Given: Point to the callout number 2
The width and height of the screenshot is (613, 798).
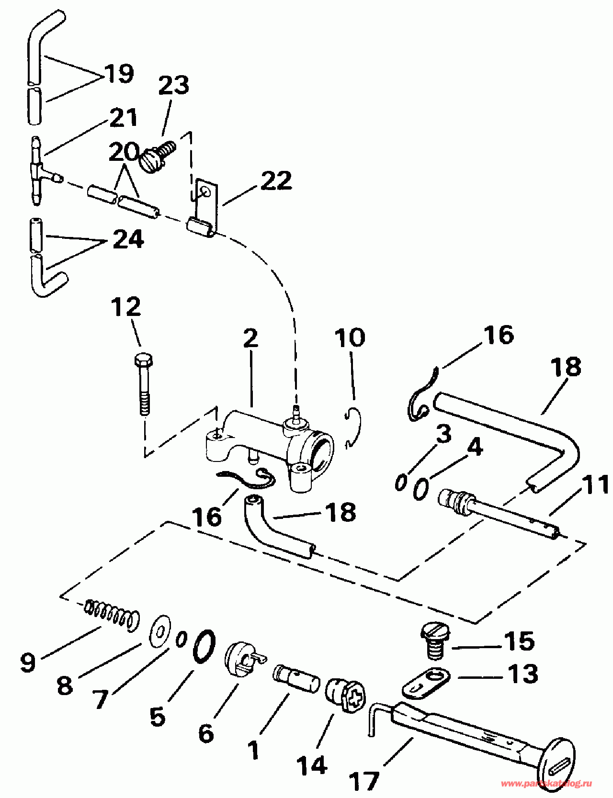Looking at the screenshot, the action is click(x=250, y=339).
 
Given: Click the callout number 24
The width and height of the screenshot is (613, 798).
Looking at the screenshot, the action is click(x=128, y=239).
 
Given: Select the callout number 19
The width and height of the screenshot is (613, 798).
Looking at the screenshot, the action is click(x=119, y=73).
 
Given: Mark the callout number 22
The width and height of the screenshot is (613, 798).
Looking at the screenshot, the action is click(x=276, y=180).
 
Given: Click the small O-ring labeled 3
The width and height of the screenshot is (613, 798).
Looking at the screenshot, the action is click(x=400, y=483).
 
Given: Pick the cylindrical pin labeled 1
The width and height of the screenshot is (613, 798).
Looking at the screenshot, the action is click(x=296, y=679).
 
